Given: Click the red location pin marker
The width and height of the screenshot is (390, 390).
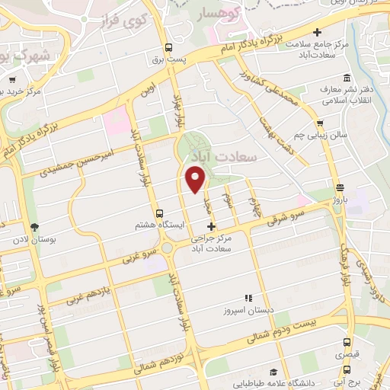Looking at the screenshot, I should pos(197,181).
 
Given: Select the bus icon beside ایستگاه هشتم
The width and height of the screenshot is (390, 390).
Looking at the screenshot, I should pos(158,214).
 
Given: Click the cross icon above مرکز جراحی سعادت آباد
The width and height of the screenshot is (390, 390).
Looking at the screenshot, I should pos(211,226).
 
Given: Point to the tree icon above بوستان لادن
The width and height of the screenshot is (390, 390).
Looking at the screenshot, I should pos(34,227).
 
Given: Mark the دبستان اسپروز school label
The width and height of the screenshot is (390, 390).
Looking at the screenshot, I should pos(247,311).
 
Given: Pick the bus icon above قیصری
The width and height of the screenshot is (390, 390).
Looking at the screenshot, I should pos(347,343).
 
